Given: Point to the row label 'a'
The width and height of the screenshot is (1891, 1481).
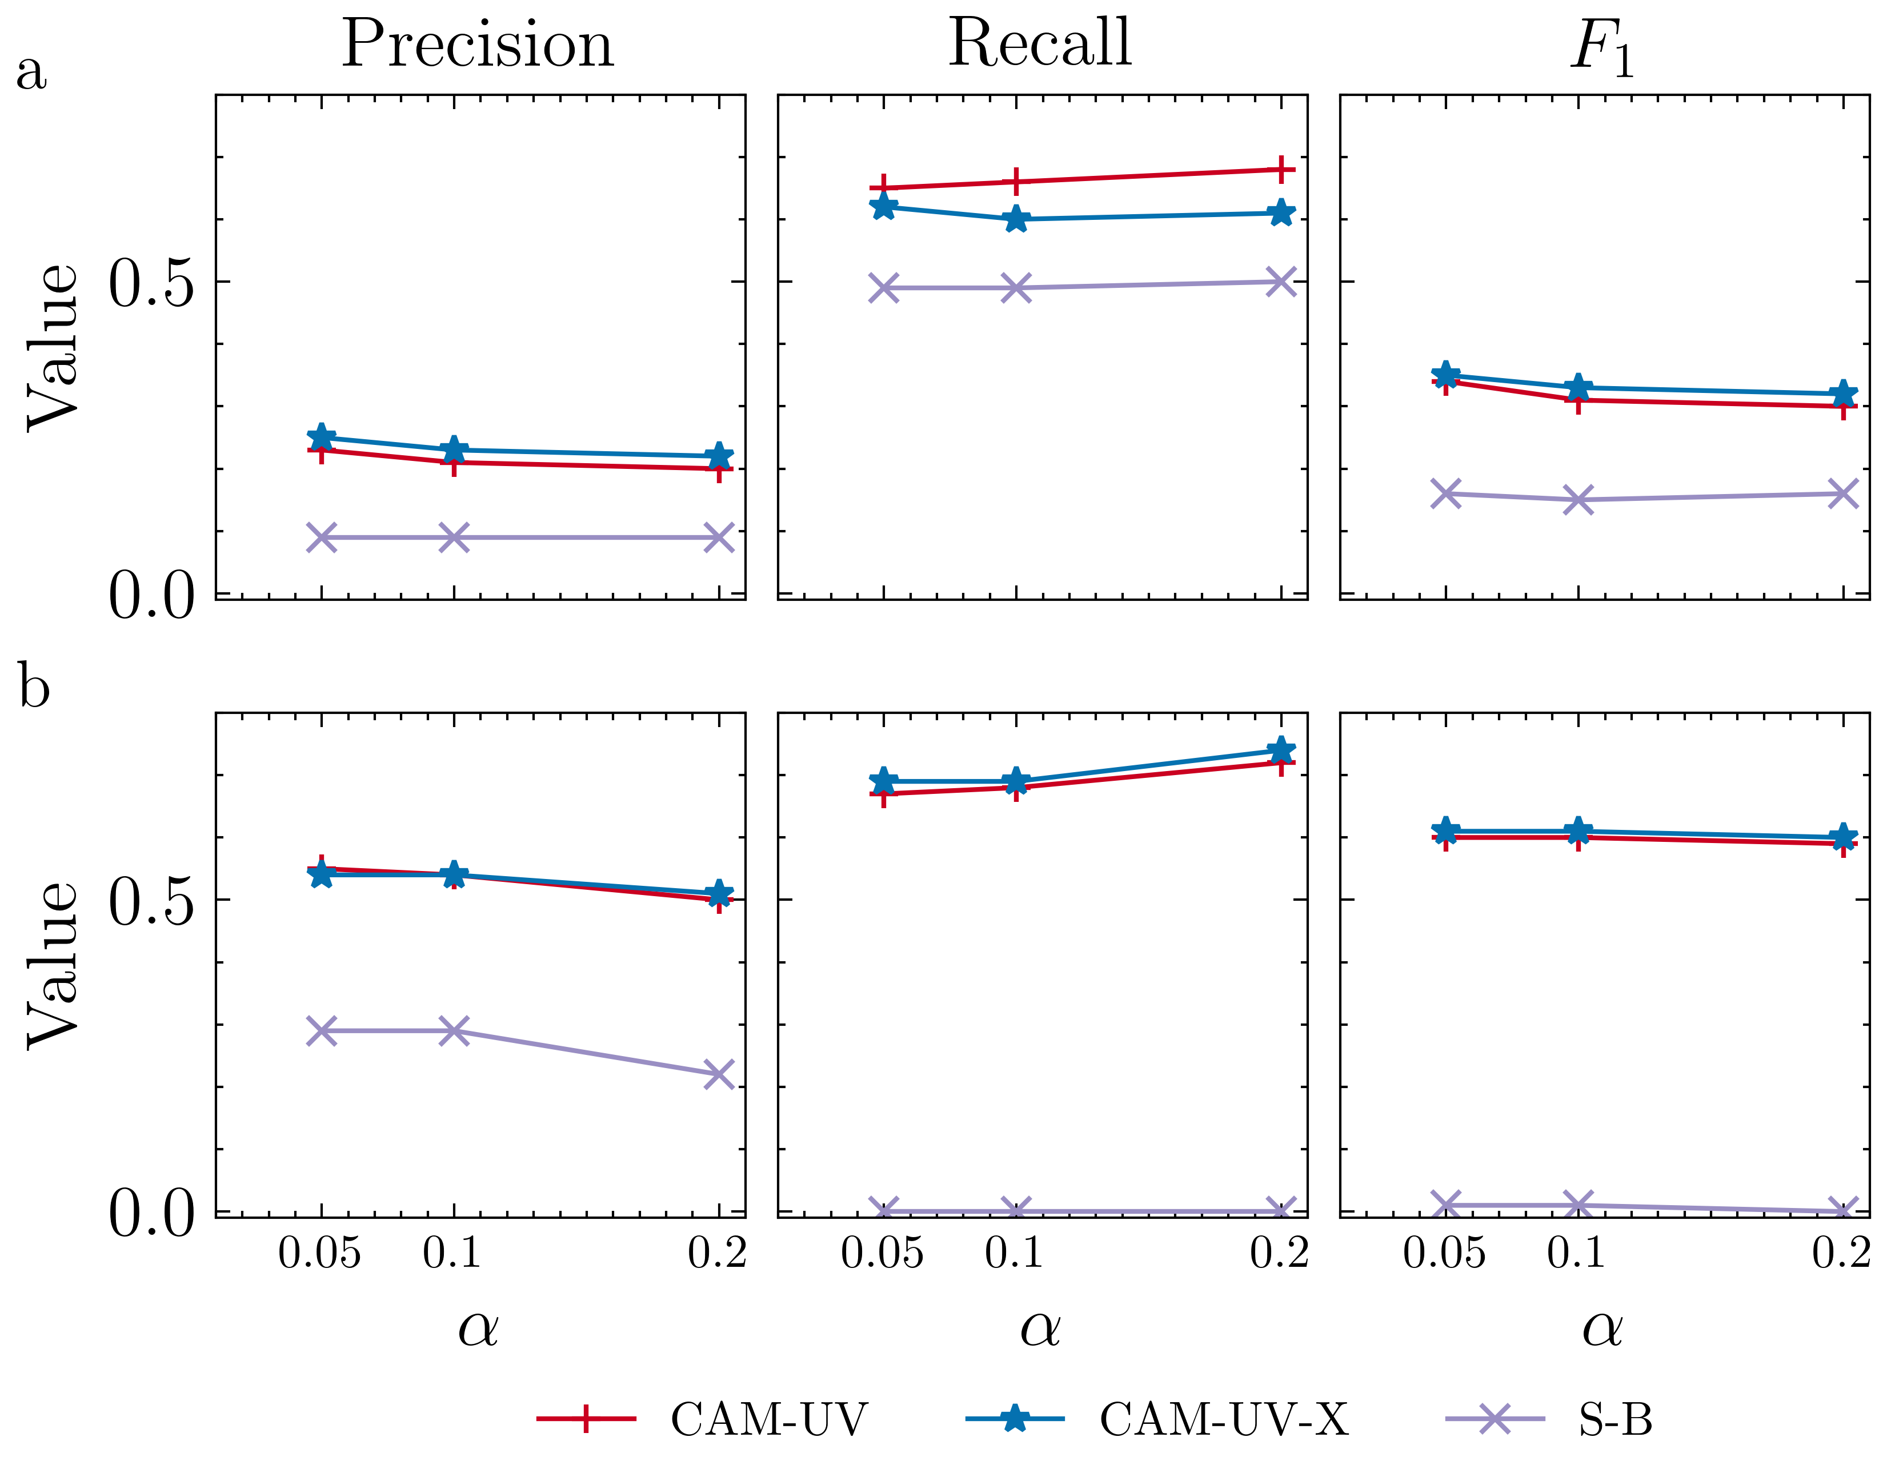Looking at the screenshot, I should pos(31,71).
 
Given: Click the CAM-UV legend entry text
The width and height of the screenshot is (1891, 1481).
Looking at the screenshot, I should pos(768,1419).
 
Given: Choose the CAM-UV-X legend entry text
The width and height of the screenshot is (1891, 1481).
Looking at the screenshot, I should pos(1224,1419).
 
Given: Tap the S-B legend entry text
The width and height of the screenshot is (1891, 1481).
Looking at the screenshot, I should pos(1615,1419).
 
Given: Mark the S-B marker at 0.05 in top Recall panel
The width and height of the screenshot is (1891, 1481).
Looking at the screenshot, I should pos(884,288).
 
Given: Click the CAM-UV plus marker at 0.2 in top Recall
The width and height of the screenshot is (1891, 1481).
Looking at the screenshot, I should pos(1281,170).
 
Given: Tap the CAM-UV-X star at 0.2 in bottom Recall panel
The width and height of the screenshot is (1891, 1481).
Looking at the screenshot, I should pos(1281,751).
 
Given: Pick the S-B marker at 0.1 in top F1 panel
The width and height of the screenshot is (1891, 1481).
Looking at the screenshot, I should pos(1578,499).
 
